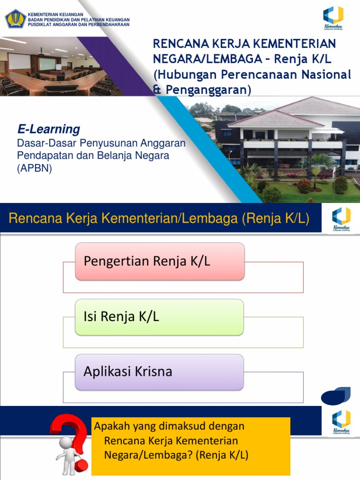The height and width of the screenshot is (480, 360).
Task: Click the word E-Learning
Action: pyautogui.click(x=49, y=129)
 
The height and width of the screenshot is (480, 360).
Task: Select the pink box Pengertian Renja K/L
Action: pyautogui.click(x=159, y=261)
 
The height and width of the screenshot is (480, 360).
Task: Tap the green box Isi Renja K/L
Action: pyautogui.click(x=159, y=317)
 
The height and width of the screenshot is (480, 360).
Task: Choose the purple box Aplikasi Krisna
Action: pyautogui.click(x=159, y=372)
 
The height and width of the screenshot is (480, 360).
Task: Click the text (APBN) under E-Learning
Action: pyautogui.click(x=34, y=169)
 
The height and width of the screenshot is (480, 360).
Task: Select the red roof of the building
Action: pyautogui.click(x=267, y=118)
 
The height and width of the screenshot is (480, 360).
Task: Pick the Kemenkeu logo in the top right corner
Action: pyautogui.click(x=333, y=17)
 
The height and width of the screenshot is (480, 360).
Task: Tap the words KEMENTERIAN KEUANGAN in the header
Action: pyautogui.click(x=56, y=15)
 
